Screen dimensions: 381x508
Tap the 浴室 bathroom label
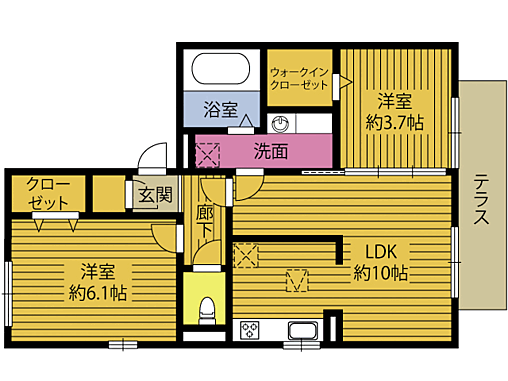click(x=221, y=109)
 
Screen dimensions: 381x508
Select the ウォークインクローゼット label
click(x=299, y=79)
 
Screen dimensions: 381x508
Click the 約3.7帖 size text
click(x=396, y=123)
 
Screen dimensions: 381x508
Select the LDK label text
click(x=379, y=251)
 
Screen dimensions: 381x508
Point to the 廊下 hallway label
click(x=206, y=222)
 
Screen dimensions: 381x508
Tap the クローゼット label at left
click(x=47, y=193)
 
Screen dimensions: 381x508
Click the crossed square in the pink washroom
click(x=207, y=156)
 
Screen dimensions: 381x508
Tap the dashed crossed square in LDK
click(x=246, y=254)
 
